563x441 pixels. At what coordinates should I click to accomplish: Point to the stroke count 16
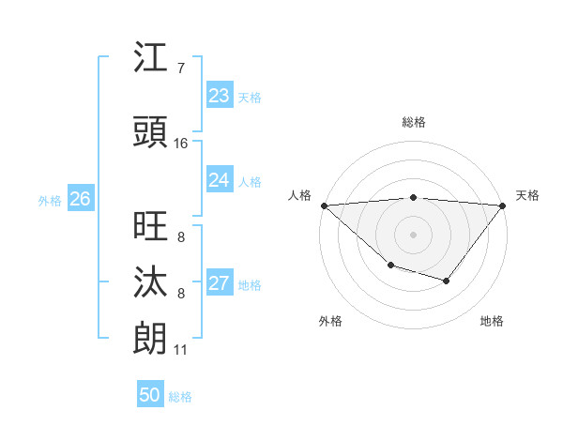pos(181,144)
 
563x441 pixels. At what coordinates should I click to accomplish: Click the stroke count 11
pos(181,350)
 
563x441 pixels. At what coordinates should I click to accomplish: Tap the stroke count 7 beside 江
pos(181,68)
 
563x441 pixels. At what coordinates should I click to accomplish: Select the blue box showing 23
pos(219,96)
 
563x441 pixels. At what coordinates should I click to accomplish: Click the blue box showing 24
pos(219,180)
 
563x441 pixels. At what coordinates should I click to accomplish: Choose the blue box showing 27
pos(219,283)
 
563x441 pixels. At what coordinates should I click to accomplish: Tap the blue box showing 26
pos(80,199)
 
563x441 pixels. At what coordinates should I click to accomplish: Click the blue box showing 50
pos(150,395)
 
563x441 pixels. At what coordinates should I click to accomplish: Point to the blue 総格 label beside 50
pos(181,397)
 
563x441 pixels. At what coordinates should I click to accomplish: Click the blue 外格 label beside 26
pos(50,200)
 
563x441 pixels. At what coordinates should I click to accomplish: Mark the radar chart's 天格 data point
pos(504,205)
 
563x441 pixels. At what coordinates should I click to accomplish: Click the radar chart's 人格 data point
pos(324,205)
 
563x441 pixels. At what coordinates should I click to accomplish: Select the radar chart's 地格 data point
pos(447,281)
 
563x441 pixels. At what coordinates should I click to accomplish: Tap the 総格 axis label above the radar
pos(414,122)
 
